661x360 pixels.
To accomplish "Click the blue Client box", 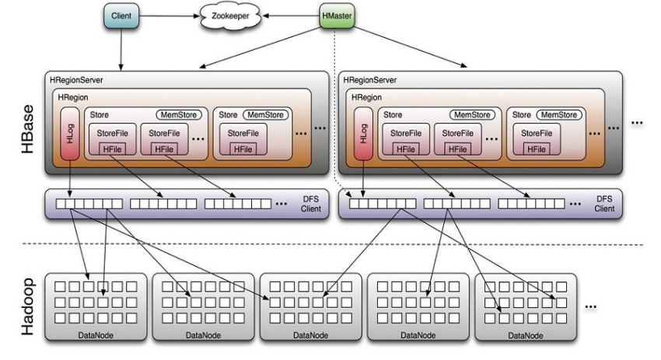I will pyautogui.click(x=121, y=16).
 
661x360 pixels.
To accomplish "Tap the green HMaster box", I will pyautogui.click(x=337, y=16).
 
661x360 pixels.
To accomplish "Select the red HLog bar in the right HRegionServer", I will pyautogui.click(x=361, y=133).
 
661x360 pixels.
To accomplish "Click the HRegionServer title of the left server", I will pyautogui.click(x=76, y=80).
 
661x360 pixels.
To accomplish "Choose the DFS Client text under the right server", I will pyautogui.click(x=605, y=204).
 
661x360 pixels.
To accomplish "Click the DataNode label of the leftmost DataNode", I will pyautogui.click(x=97, y=334).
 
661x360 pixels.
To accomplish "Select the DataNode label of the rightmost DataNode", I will pyautogui.click(x=526, y=334).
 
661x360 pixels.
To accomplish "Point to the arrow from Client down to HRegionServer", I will pyautogui.click(x=121, y=48).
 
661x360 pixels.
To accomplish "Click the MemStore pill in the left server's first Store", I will pyautogui.click(x=179, y=114).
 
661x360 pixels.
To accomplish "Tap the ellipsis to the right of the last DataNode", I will pyautogui.click(x=590, y=307).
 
